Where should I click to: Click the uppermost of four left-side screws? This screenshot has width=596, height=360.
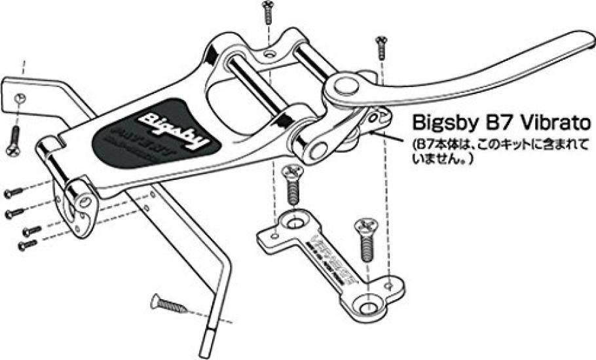(x=14, y=193)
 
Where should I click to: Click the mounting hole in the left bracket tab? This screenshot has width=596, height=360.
(x=20, y=98)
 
